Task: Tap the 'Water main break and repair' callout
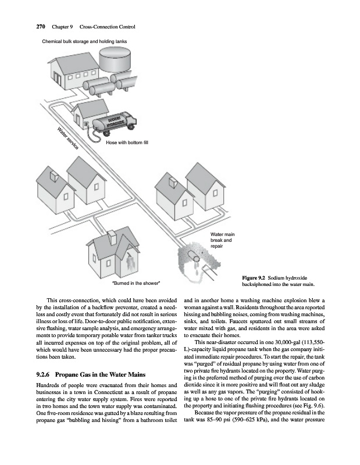click(222, 240)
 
